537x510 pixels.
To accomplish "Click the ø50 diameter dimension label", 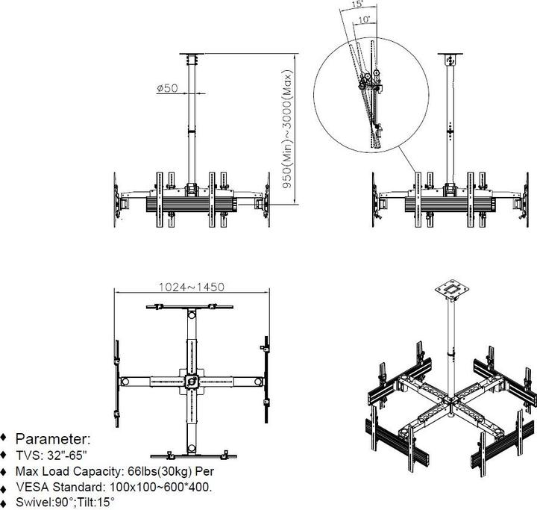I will tap(167, 88).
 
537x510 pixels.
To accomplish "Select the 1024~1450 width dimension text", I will tap(192, 286).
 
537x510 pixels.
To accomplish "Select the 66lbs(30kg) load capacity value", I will tap(148, 471).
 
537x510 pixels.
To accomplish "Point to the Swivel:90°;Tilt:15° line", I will tap(66, 503).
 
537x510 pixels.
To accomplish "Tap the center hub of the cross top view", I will tap(192, 380).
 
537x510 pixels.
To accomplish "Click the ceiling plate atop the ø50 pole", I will tap(192, 57).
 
